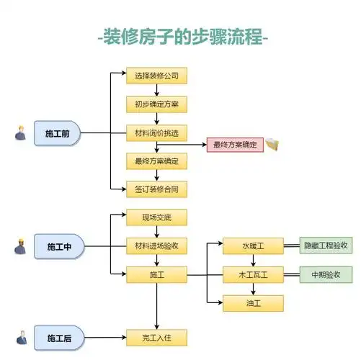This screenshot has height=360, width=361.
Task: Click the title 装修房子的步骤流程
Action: pos(181,37)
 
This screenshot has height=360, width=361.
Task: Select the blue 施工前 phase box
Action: pos(58,134)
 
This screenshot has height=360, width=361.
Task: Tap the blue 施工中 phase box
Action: pos(59,247)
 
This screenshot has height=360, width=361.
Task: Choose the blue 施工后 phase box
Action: pos(59,338)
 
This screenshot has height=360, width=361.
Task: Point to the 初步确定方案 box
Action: pos(156,104)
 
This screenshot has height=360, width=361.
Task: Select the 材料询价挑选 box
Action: pos(156,132)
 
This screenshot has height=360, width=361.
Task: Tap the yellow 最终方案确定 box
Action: pos(156,161)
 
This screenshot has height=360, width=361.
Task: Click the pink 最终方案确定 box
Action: pos(234,145)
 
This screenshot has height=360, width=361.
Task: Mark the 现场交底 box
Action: pos(156,217)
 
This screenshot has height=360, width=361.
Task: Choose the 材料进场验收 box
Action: pos(156,246)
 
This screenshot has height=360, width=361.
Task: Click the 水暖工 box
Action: pos(252,246)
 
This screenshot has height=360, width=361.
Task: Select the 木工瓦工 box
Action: pos(252,274)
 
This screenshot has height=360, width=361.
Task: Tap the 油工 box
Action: pos(252,303)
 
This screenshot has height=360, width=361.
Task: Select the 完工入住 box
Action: pos(156,337)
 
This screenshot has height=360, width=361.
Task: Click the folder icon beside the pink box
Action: pos(272,145)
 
